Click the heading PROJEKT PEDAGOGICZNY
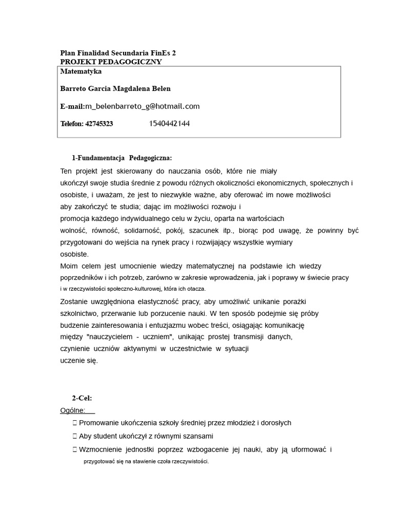111,62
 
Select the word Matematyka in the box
81,71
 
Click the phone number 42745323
99,124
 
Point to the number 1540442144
170,124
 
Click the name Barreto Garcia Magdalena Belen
115,89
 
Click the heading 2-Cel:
82,398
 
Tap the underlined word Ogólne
73,410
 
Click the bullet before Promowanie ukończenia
75,423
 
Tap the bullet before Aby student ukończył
75,436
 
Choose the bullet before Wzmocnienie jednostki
75,450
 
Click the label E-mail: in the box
72,106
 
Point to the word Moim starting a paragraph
70,266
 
